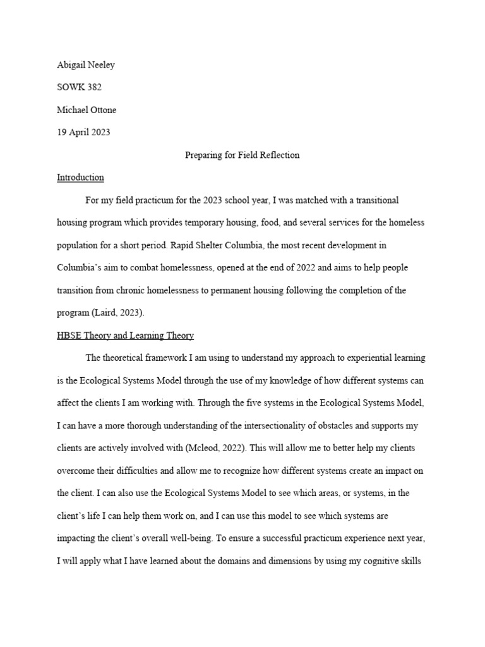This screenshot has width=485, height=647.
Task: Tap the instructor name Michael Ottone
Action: [x=87, y=110]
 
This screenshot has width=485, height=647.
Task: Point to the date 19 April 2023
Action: [x=82, y=133]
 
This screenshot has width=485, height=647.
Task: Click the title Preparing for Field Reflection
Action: [x=242, y=155]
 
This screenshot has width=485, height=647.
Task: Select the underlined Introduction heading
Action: [x=80, y=178]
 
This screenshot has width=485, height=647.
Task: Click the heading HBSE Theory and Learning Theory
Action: [x=125, y=336]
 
